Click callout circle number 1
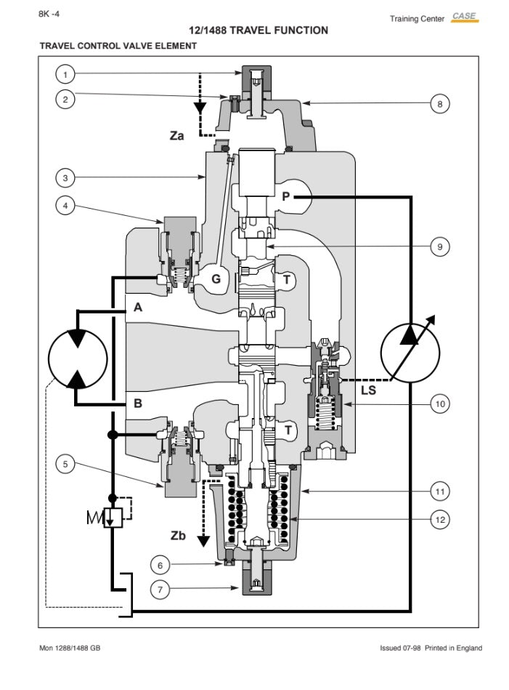pyautogui.click(x=65, y=74)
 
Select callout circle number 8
pyautogui.click(x=439, y=104)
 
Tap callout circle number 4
pyautogui.click(x=65, y=206)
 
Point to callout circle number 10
pyautogui.click(x=439, y=403)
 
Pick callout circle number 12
pyautogui.click(x=439, y=520)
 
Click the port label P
pyautogui.click(x=286, y=195)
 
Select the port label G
pyautogui.click(x=216, y=278)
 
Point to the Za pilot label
pyautogui.click(x=176, y=135)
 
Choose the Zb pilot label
pyautogui.click(x=178, y=536)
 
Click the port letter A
pyautogui.click(x=137, y=308)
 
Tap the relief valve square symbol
pyautogui.click(x=113, y=518)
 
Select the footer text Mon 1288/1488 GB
pyautogui.click(x=70, y=648)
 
